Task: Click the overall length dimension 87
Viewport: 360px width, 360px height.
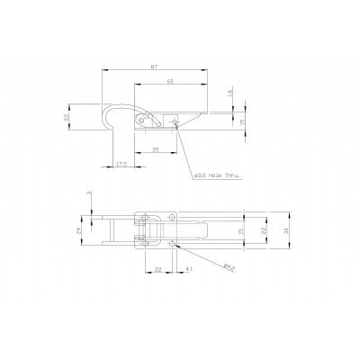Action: click(x=156, y=68)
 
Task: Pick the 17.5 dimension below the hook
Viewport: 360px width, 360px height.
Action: click(x=121, y=163)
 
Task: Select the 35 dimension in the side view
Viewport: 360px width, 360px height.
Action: click(x=156, y=148)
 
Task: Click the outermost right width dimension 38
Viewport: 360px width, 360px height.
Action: click(x=285, y=230)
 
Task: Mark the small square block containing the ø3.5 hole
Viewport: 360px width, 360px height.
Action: click(x=175, y=118)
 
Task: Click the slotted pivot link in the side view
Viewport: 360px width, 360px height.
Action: click(x=144, y=119)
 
